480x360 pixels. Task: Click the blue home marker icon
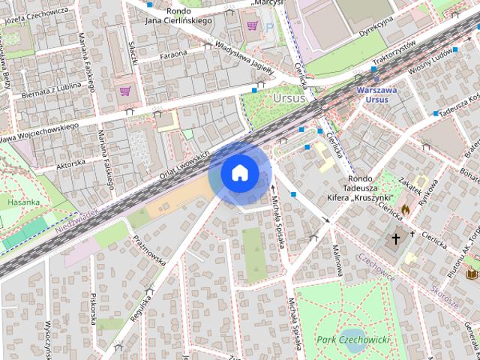(239, 172)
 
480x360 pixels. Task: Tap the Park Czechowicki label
(352, 340)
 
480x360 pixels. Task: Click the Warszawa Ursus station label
(373, 94)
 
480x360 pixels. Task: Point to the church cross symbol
(396, 239)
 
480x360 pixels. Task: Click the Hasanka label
(23, 202)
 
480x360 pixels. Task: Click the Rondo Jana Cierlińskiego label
(179, 16)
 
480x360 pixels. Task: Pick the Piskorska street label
(94, 308)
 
